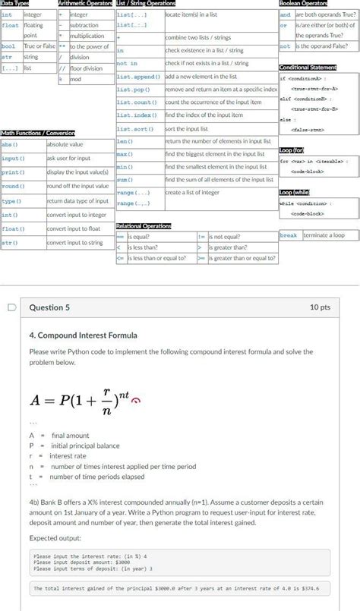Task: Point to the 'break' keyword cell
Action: [x=289, y=235]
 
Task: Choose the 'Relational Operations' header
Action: [x=144, y=226]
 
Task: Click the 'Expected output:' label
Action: [x=61, y=537]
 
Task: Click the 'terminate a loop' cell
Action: [x=324, y=235]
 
